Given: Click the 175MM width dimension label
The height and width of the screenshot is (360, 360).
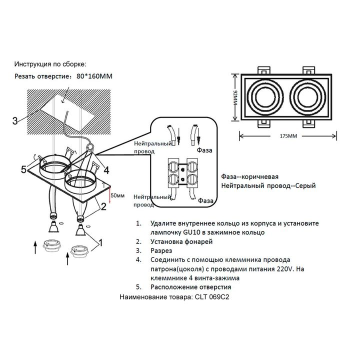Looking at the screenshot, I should click(x=289, y=135).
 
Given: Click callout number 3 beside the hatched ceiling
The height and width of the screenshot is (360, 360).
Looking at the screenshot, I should click(x=15, y=120).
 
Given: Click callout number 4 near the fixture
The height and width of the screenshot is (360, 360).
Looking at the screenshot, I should click(x=106, y=170).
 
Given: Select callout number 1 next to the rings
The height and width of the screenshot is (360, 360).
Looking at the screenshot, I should click(x=100, y=243).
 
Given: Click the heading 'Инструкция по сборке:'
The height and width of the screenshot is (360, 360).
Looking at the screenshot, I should click(x=50, y=65).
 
